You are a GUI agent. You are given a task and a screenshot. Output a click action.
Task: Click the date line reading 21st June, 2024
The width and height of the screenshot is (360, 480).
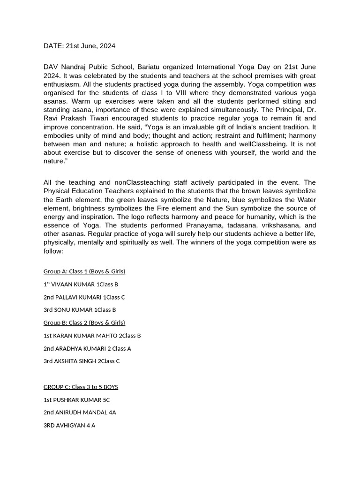pyautogui.click(x=79, y=46)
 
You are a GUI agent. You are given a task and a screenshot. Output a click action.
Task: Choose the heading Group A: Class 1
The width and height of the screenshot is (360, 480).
pyautogui.click(x=84, y=271)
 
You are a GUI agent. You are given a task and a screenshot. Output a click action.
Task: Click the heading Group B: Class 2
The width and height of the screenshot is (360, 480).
pyautogui.click(x=84, y=322)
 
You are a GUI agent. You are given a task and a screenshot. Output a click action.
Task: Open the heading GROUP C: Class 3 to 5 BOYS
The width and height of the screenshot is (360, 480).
pyautogui.click(x=81, y=387)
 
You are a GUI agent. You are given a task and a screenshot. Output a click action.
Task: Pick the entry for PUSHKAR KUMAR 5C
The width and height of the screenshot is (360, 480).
pyautogui.click(x=76, y=400)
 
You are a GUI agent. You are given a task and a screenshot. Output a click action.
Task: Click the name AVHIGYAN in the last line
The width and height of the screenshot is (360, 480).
pyautogui.click(x=70, y=426)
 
